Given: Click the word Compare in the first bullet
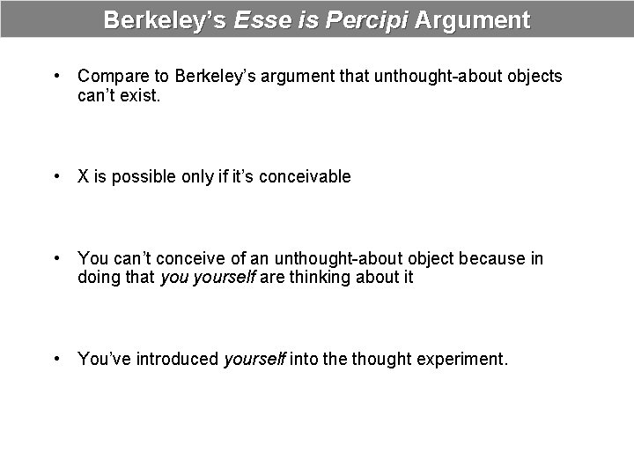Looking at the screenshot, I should coord(111,76).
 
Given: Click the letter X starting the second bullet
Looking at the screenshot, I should coord(84,176).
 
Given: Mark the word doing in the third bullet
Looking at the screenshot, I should coord(99,278).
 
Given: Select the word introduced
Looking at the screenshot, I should coord(175,359).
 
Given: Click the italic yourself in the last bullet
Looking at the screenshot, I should coord(254,359).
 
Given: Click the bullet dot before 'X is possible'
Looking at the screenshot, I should coord(57,176).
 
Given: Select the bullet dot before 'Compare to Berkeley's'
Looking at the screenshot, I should coord(57,76).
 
